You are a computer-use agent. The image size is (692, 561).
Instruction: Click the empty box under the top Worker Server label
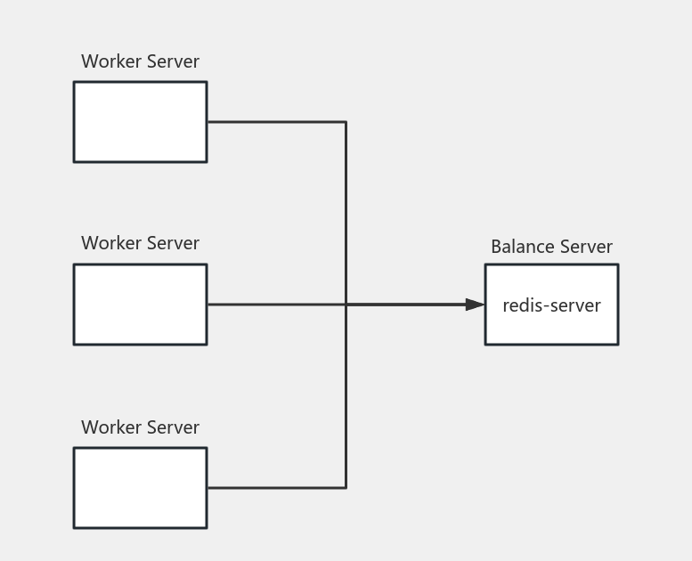click(140, 122)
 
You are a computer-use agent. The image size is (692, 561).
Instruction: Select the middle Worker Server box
click(140, 304)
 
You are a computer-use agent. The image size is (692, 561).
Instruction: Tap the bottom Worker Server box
click(140, 487)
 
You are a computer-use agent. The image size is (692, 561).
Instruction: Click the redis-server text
click(551, 305)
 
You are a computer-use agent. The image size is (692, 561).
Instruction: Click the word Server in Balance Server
click(585, 247)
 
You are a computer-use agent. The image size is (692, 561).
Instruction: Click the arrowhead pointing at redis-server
click(476, 305)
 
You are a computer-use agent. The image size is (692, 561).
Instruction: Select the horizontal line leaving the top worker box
click(276, 122)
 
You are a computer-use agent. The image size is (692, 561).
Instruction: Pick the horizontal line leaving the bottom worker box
click(276, 487)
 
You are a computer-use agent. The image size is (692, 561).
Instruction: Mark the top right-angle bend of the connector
click(346, 122)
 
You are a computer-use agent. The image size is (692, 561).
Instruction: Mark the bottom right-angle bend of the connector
click(346, 487)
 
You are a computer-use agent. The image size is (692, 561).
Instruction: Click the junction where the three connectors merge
click(346, 305)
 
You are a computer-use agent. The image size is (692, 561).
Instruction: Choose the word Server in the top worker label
click(171, 61)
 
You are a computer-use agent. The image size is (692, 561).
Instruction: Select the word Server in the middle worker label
click(171, 243)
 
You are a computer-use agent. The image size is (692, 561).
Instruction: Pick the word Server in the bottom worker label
click(171, 427)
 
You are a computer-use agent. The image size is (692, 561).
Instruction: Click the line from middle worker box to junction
click(276, 305)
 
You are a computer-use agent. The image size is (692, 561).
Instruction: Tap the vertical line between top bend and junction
click(346, 214)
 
